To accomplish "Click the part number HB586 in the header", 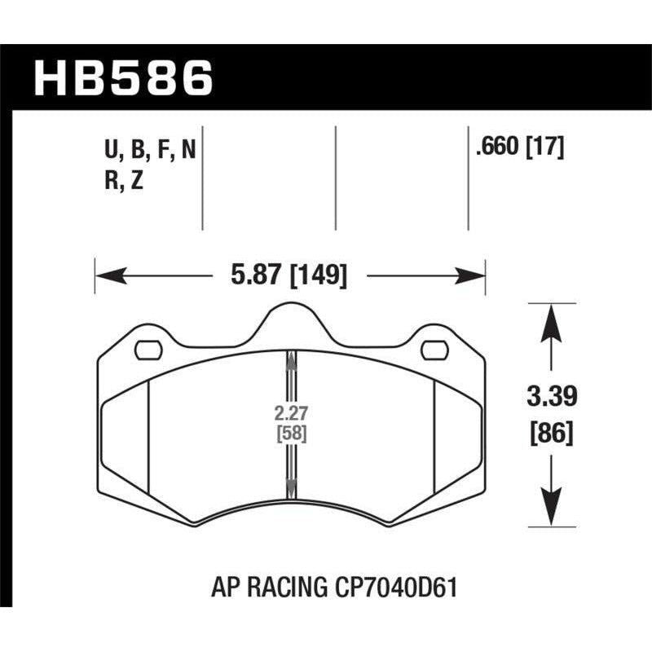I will [x=123, y=78].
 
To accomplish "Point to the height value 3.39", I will [x=552, y=399].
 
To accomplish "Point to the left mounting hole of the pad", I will [x=148, y=350].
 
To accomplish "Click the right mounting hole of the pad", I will [x=434, y=350].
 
